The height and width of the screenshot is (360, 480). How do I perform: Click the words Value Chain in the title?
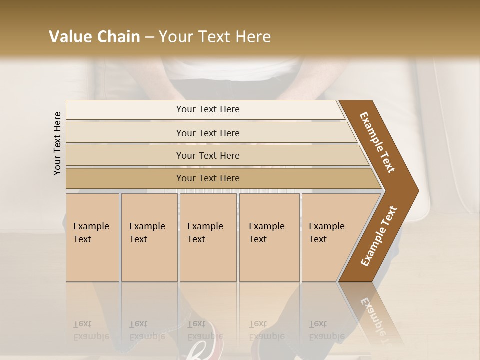[x=94, y=37]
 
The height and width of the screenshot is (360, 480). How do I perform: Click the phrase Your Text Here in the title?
[x=215, y=37]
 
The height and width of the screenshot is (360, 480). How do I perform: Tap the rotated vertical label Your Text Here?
[x=57, y=143]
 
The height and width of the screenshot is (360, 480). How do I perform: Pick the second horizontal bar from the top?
[x=208, y=133]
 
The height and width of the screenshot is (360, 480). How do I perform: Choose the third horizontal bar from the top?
[x=208, y=155]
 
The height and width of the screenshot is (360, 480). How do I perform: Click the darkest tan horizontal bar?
[x=208, y=178]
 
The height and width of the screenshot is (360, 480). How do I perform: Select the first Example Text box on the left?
[x=92, y=237]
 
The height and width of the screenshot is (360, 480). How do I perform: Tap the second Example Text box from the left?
[x=149, y=237]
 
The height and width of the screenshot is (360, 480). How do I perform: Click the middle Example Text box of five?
[x=208, y=237]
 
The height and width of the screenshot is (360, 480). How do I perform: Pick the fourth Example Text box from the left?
[x=269, y=237]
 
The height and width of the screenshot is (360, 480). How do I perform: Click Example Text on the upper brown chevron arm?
[x=377, y=142]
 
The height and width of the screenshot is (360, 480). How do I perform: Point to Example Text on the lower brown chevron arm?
[x=378, y=236]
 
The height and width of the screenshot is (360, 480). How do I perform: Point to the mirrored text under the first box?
[x=91, y=330]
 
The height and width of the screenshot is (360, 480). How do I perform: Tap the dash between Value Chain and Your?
[x=149, y=37]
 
